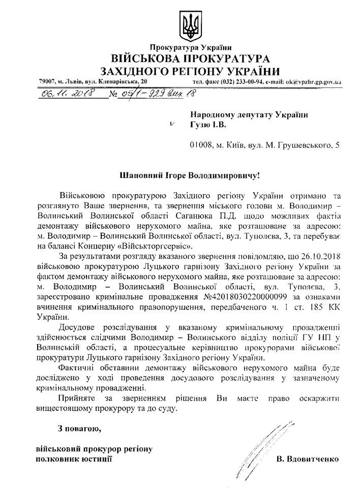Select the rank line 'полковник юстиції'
pyautogui.click(x=74, y=459)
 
